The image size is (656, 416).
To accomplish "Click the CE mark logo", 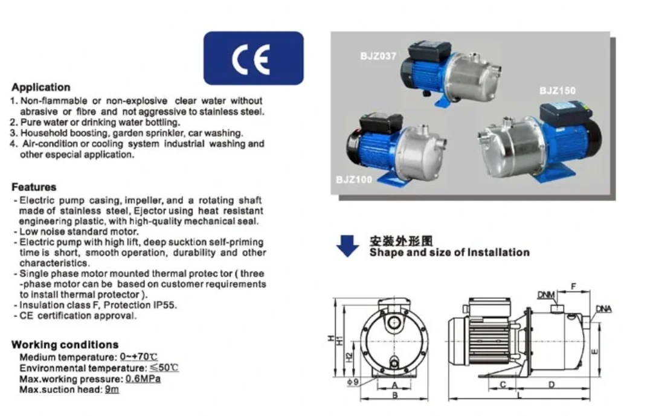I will click(x=253, y=58).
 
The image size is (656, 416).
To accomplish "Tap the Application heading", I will click(x=41, y=88).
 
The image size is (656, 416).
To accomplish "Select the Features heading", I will click(x=34, y=187).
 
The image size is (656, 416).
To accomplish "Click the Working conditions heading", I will click(x=65, y=345).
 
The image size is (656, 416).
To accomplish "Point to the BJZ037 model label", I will click(x=378, y=57).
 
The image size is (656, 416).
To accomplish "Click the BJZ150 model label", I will click(x=558, y=91).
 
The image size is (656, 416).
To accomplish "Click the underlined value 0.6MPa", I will click(x=143, y=379).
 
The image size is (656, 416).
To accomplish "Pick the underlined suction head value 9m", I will click(x=112, y=390).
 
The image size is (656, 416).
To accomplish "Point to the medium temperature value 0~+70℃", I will click(x=138, y=357).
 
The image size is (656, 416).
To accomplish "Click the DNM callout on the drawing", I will click(x=545, y=295).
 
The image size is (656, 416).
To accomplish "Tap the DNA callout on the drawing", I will click(x=603, y=309).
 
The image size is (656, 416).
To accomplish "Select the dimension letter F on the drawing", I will click(x=574, y=286).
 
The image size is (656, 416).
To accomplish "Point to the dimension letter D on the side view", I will click(x=551, y=385).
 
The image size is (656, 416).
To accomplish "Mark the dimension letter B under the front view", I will click(x=394, y=395).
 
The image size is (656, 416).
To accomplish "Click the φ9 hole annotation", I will click(x=352, y=382).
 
